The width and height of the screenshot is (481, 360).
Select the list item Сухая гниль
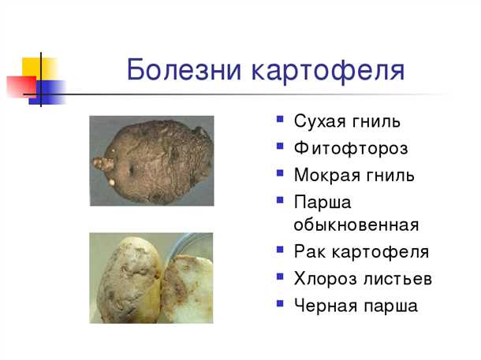347,121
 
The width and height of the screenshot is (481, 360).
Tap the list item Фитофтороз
351,147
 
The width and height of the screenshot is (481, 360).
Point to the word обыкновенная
356,225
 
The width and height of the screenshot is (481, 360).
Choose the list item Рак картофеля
361,252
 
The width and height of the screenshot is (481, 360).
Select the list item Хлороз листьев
363,279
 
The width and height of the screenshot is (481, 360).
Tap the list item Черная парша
356,306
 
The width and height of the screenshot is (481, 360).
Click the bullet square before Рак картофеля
281,251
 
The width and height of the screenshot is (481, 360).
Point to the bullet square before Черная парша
281,304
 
